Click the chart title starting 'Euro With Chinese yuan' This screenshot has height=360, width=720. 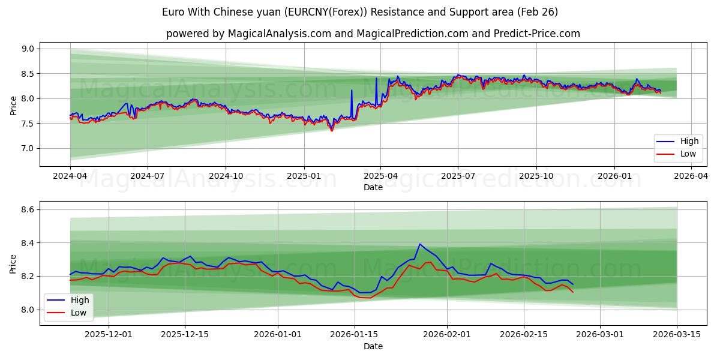coord(360,12)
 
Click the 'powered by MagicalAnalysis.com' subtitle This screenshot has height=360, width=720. coord(373,34)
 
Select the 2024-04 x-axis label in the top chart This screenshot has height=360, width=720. coord(70,176)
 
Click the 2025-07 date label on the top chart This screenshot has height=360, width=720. coord(458,176)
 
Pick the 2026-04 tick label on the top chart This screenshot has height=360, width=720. coord(691,176)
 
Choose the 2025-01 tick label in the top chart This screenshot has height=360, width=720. coord(304,176)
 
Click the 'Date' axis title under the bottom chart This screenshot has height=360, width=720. coord(373,346)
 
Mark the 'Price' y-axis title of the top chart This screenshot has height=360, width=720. coord(13,104)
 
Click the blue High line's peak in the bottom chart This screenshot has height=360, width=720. coord(419,244)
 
